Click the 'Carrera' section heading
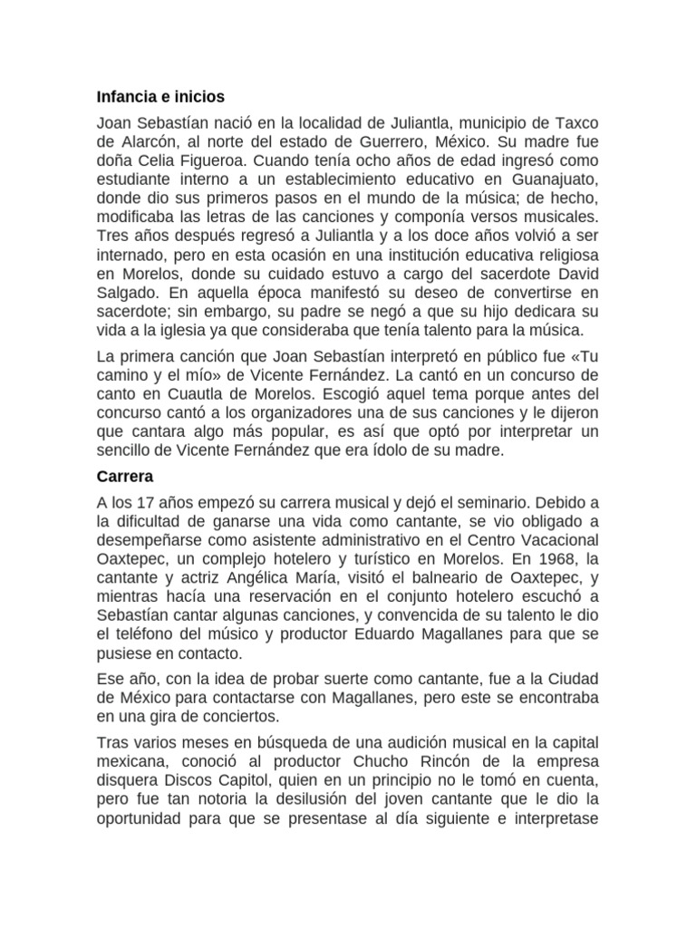tap(124, 476)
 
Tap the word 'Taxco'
tap(575, 122)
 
